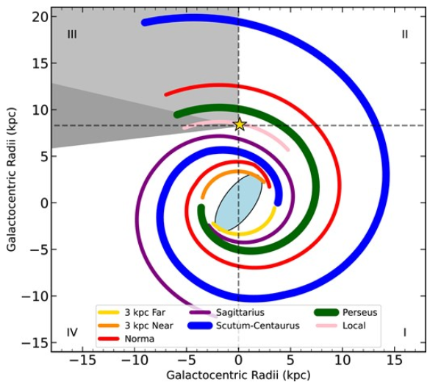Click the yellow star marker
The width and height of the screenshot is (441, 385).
tap(239, 124)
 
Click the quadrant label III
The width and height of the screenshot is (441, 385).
tap(72, 34)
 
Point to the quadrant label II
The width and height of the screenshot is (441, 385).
tap(404, 34)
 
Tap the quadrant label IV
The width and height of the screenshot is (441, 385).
tap(72, 332)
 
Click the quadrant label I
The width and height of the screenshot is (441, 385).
tap(404, 332)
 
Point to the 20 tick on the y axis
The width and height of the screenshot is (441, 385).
tap(40, 16)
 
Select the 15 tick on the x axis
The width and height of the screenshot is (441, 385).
tap(395, 361)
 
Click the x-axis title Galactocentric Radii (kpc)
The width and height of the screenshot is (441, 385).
tap(237, 375)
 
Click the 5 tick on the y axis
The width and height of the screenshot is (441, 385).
tap(43, 156)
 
